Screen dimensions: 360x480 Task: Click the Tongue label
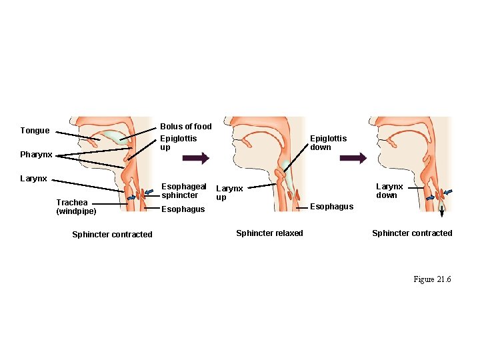[x=35, y=131]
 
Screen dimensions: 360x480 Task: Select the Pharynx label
[x=36, y=155]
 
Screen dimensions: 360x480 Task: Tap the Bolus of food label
[x=185, y=126]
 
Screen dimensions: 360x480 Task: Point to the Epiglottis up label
[x=178, y=143]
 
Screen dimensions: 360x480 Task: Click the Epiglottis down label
[x=328, y=143]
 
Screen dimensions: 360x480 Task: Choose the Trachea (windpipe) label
[x=76, y=207]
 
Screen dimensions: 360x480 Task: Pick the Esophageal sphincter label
[x=184, y=191]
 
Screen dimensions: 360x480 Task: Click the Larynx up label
[x=229, y=193]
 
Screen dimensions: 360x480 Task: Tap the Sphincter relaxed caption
[x=269, y=233]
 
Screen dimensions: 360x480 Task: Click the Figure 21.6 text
[x=432, y=279]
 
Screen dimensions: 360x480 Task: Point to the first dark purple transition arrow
[x=196, y=159]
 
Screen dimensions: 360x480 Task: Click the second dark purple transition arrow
[x=353, y=159]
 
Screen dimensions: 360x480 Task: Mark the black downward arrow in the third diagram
[x=441, y=212]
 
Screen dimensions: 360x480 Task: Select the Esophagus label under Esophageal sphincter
[x=183, y=209]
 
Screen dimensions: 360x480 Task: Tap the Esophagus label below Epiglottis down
[x=331, y=207]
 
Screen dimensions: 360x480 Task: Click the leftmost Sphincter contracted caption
[x=112, y=234]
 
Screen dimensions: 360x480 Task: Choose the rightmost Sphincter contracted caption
[x=411, y=233]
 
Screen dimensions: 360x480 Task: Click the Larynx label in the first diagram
[x=33, y=179]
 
